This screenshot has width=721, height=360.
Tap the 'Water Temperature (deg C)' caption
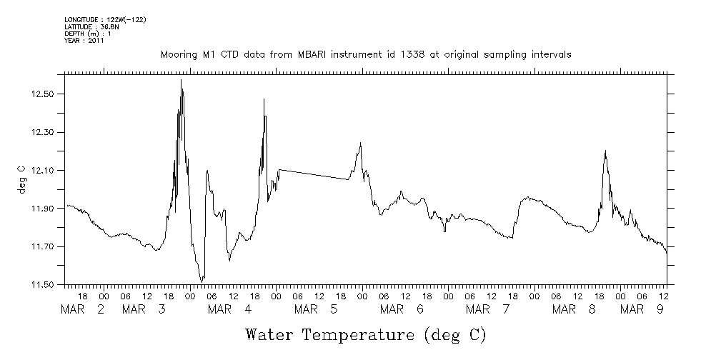(365, 334)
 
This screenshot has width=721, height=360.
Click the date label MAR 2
(83, 309)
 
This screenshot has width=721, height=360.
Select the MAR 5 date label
(314, 309)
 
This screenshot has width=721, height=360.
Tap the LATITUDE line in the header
(89, 26)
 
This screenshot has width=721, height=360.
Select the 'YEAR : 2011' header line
(84, 41)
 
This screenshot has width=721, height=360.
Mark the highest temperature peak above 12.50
(182, 81)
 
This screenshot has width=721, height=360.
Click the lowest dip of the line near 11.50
(202, 281)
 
